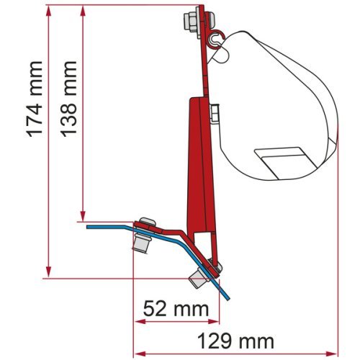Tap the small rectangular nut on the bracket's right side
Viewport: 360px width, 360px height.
point(214,114)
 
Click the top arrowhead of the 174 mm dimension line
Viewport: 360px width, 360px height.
point(48,10)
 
